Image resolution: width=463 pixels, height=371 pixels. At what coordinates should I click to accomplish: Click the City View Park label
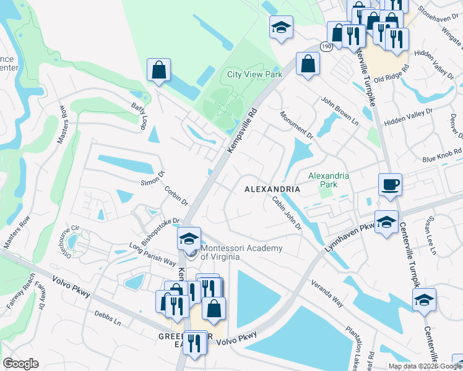[254, 74]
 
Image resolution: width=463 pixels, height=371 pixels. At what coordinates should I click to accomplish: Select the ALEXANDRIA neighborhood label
[272, 189]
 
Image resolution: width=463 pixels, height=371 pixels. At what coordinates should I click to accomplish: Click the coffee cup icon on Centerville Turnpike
[390, 184]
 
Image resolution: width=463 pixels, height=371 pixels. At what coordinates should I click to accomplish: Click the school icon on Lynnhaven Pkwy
[386, 221]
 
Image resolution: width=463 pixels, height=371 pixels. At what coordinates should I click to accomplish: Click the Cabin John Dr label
[287, 213]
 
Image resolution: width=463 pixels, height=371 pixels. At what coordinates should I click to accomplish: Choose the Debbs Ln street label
[107, 318]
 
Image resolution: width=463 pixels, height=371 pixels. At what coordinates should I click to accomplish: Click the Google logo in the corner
[20, 364]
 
